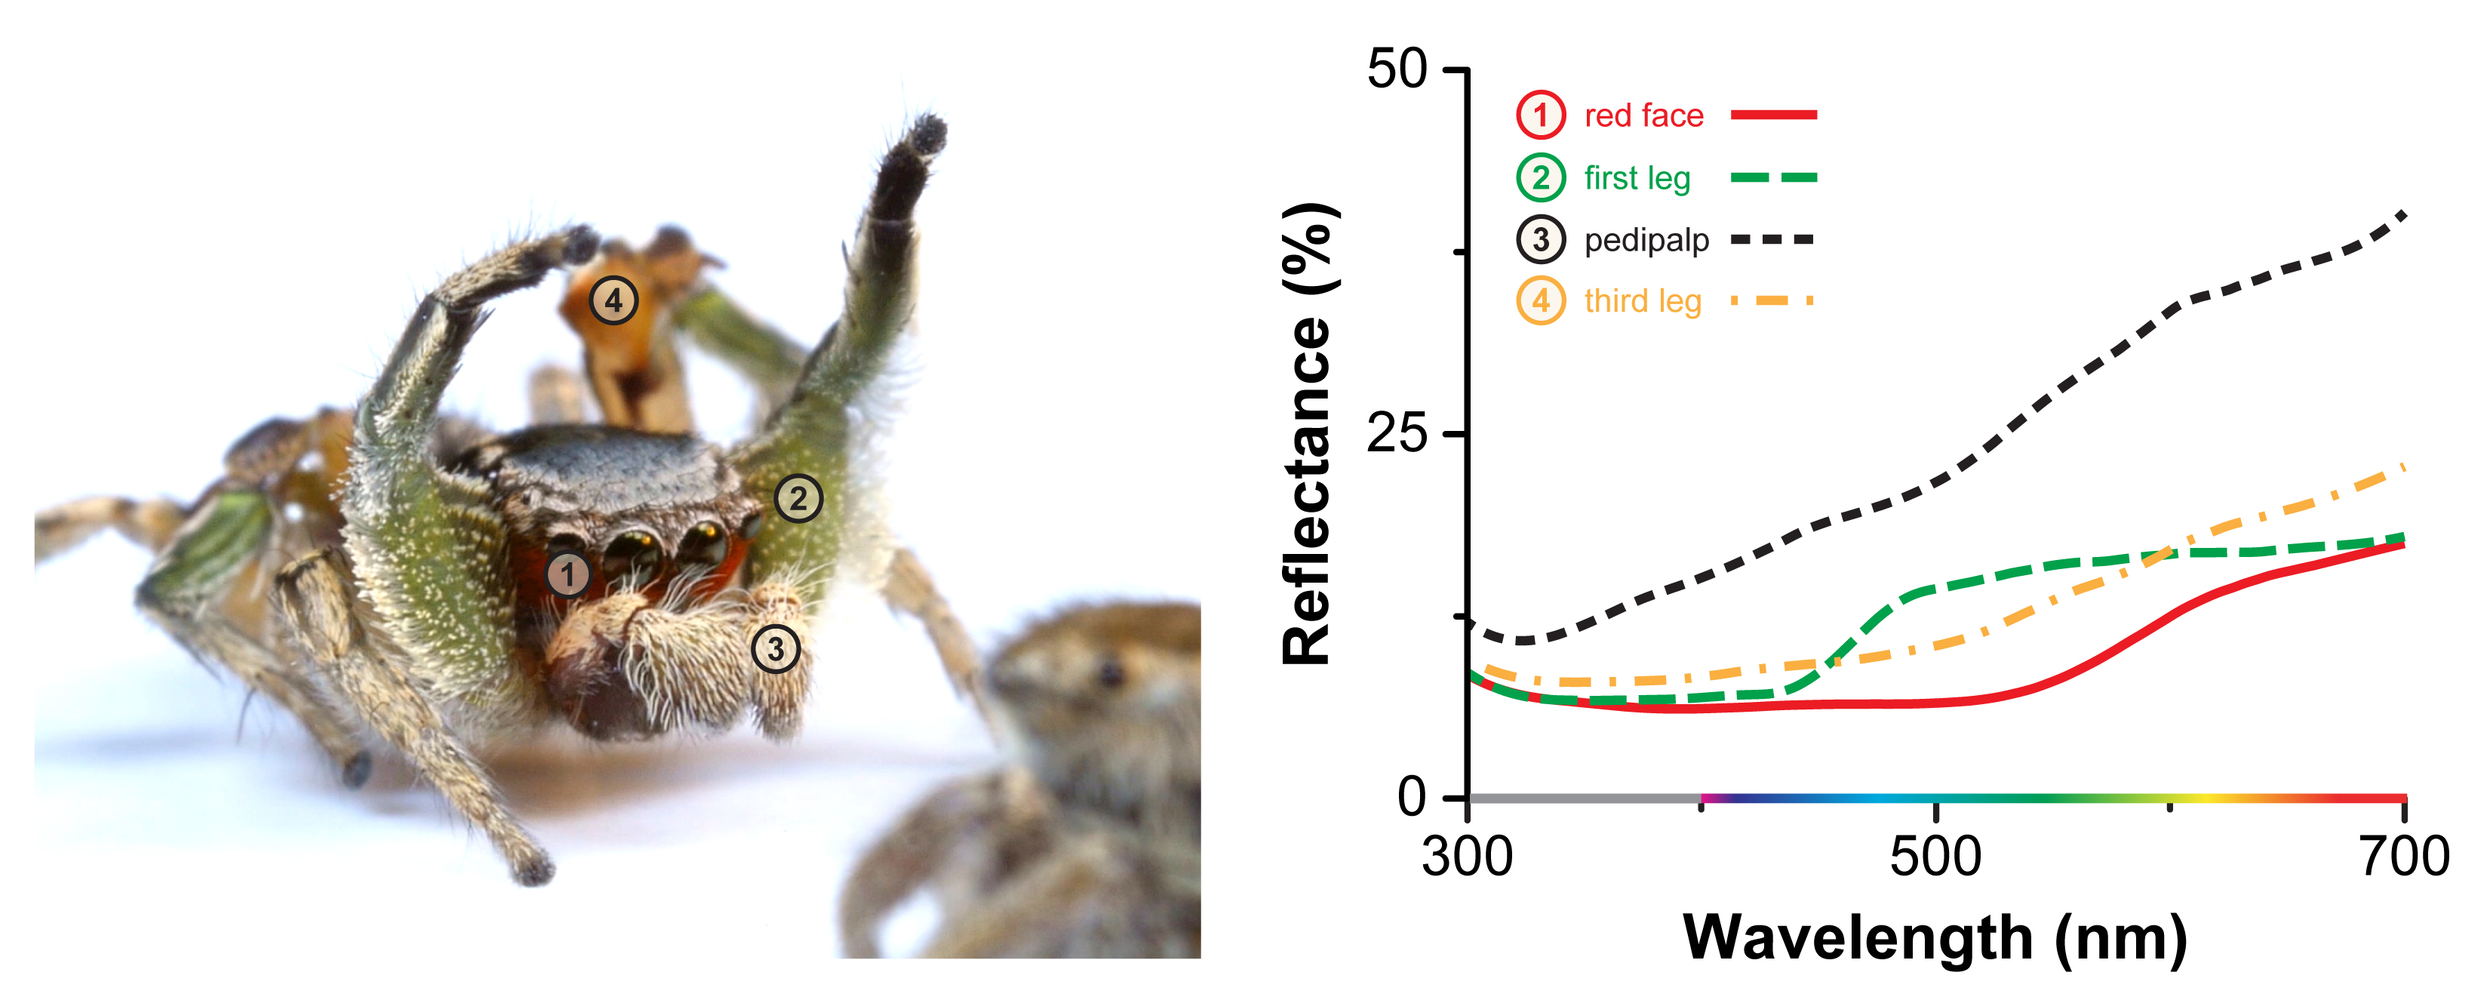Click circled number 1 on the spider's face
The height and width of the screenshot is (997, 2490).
[567, 574]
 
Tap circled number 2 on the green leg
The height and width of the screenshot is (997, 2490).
[798, 499]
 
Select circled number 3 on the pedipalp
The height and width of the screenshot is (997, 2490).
[775, 649]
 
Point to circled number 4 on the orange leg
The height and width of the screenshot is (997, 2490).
[613, 300]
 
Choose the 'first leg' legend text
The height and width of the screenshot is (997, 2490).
[1637, 178]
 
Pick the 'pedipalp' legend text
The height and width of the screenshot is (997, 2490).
[1646, 240]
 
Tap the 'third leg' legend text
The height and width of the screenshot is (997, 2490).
[1643, 302]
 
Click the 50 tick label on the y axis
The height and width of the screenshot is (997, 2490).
[1397, 69]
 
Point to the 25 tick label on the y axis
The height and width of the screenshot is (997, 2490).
[1397, 433]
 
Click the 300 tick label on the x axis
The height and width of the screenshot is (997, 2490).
[1466, 857]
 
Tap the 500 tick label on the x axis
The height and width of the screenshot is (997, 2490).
[1935, 857]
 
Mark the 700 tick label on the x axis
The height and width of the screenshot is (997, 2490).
[2404, 857]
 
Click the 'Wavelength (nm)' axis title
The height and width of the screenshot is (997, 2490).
[1935, 938]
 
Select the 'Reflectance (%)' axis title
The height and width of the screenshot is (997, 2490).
[1308, 433]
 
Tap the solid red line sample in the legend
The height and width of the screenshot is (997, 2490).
[1774, 115]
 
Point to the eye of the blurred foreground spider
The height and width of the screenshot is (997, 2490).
[1111, 671]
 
